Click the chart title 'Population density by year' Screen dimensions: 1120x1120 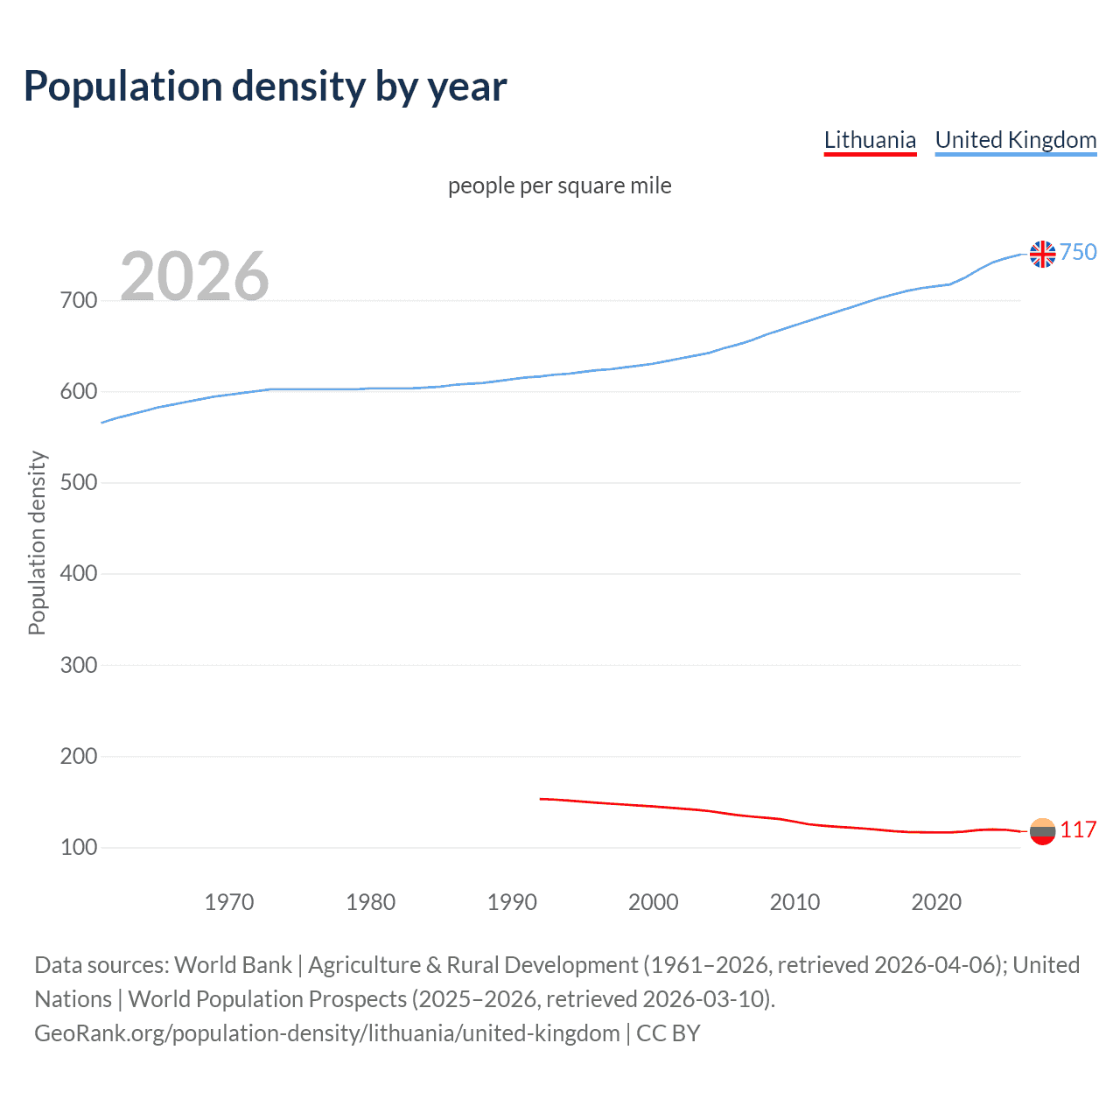click(x=265, y=87)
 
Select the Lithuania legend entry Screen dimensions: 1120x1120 click(x=870, y=140)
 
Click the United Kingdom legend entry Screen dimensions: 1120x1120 click(x=1015, y=140)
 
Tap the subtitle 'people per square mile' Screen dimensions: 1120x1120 click(x=559, y=185)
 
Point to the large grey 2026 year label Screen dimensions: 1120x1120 click(x=194, y=276)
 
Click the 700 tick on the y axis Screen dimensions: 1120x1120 click(x=78, y=301)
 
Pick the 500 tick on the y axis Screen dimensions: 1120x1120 click(x=78, y=483)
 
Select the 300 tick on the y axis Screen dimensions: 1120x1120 click(x=78, y=665)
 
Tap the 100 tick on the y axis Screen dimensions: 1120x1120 click(x=78, y=847)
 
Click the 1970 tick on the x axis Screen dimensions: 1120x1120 click(x=229, y=902)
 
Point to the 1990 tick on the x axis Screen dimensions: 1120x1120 click(x=512, y=902)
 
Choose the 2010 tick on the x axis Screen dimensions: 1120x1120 click(x=794, y=902)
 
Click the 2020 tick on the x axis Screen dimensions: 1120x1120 click(x=936, y=902)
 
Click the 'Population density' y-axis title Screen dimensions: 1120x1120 click(x=37, y=542)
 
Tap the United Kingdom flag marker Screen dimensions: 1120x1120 click(x=1042, y=254)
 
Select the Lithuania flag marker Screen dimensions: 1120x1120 click(x=1042, y=831)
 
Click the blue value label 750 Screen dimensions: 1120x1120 click(x=1078, y=253)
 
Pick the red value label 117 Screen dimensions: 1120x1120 click(x=1078, y=830)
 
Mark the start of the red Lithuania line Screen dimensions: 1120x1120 click(x=541, y=799)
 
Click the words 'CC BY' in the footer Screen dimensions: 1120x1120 click(x=668, y=1033)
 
